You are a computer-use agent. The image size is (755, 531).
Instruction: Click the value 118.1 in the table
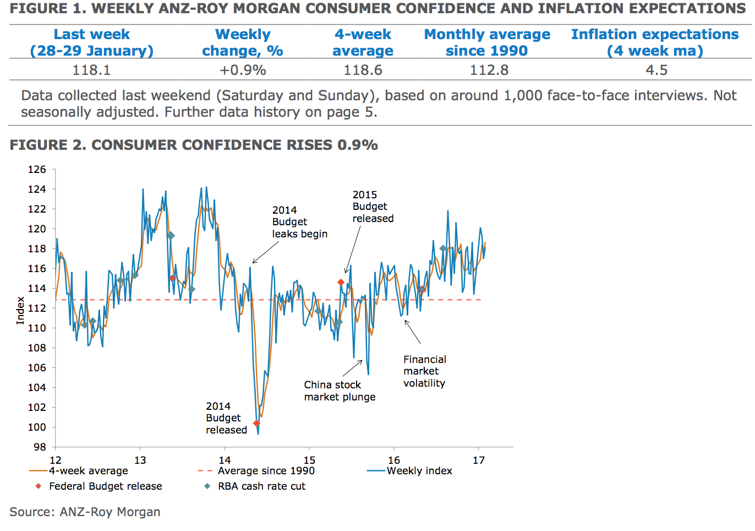pyautogui.click(x=91, y=71)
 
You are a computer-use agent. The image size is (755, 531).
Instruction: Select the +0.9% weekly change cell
pyautogui.click(x=243, y=71)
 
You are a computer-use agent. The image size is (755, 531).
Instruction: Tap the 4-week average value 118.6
pyautogui.click(x=363, y=71)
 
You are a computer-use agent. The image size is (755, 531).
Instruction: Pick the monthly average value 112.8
pyautogui.click(x=489, y=71)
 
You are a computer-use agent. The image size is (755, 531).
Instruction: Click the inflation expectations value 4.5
pyautogui.click(x=656, y=71)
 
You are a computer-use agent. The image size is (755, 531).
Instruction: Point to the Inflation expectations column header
pyautogui.click(x=655, y=42)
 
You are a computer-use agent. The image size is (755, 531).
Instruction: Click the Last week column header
pyautogui.click(x=91, y=42)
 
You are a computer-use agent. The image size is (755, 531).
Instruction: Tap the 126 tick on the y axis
pyautogui.click(x=37, y=170)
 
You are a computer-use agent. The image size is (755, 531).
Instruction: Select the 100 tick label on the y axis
pyautogui.click(x=37, y=427)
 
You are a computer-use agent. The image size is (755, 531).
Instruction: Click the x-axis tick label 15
pyautogui.click(x=309, y=460)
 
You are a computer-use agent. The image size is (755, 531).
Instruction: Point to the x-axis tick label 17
pyautogui.click(x=479, y=460)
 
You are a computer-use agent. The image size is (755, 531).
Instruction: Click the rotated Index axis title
pyautogui.click(x=20, y=310)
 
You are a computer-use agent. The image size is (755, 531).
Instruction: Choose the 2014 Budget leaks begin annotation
pyautogui.click(x=299, y=222)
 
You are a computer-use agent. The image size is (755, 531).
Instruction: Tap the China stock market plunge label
pyautogui.click(x=340, y=391)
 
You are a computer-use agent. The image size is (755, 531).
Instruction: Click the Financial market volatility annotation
pyautogui.click(x=424, y=371)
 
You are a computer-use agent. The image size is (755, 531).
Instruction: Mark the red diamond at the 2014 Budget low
pyautogui.click(x=256, y=424)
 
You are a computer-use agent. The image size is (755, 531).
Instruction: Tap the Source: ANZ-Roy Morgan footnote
pyautogui.click(x=85, y=512)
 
